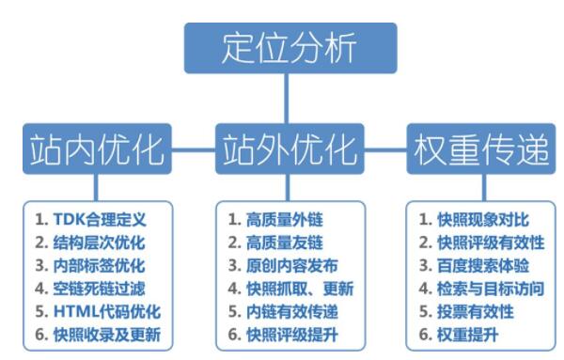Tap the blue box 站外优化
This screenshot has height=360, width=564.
click(x=282, y=150)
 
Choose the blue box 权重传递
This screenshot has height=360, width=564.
click(x=476, y=150)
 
